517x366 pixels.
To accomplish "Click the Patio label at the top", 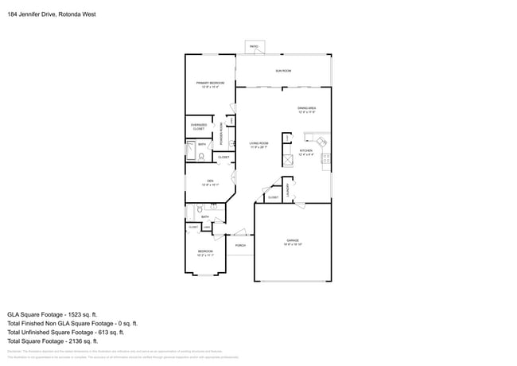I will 255,47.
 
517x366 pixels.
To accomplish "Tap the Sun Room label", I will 283,71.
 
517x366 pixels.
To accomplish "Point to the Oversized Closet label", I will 199,127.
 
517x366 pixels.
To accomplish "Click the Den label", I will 210,182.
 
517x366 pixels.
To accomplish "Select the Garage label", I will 293,242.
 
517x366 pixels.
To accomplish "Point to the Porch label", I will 239,245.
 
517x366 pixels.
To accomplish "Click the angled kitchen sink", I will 320,143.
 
